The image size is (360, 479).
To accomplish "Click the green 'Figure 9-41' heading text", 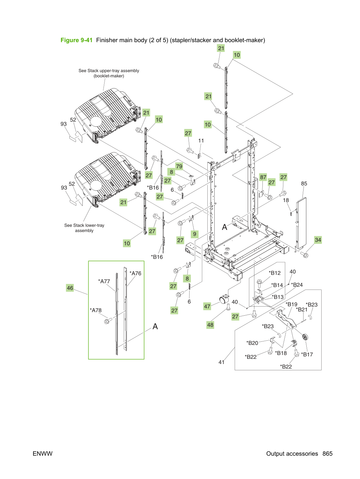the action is click(76, 40).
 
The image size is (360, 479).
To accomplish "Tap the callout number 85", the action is click(304, 184).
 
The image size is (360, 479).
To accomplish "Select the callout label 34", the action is click(318, 240).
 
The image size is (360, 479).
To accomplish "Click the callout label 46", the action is click(70, 288).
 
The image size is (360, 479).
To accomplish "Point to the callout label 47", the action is click(207, 306).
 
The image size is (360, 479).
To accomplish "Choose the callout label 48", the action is click(210, 325).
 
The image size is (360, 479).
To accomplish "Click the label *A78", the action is click(95, 310).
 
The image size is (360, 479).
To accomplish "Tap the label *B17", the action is click(307, 354).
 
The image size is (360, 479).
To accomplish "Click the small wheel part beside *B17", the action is click(305, 337).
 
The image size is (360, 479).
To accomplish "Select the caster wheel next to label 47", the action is click(223, 299).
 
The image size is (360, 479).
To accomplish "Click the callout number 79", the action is click(179, 167).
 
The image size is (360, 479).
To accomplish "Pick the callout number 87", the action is click(263, 177).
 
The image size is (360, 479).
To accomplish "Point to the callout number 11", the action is click(201, 141).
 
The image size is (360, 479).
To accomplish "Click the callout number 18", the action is click(286, 200).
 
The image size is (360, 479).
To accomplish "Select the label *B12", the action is click(275, 273).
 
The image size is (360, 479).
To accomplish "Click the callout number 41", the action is click(221, 362).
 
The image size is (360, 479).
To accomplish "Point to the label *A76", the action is click(135, 273).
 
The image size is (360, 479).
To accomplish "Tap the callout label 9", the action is click(194, 234).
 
